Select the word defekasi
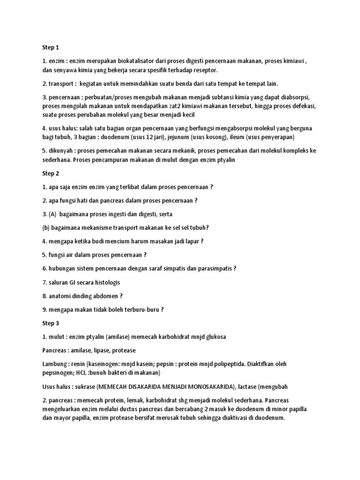click(x=302, y=106)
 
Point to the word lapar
click(x=191, y=241)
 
